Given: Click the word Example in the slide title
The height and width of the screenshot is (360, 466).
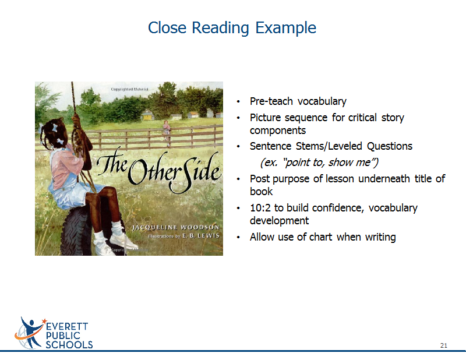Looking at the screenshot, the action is tap(285, 29).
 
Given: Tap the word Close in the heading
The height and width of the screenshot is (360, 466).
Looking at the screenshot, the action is tap(167, 27).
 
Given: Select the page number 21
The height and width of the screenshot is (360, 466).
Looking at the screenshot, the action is tap(444, 345).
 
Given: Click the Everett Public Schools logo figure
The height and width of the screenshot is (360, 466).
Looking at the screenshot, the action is tap(30, 333).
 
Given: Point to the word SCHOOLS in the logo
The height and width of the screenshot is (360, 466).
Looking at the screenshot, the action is tap(69, 345).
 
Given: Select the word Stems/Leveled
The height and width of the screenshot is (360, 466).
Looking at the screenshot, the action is tap(329, 146).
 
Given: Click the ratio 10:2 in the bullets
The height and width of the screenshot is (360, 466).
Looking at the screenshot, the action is tap(260, 208).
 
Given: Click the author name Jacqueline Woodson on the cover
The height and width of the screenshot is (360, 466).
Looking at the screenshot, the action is tap(176, 227).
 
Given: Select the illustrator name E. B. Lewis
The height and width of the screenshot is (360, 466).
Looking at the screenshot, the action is tap(201, 236).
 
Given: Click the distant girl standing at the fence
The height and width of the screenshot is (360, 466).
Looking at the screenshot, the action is tap(167, 133).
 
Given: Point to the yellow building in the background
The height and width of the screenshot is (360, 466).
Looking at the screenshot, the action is tap(147, 116).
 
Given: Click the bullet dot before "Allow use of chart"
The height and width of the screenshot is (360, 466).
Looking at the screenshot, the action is tap(238, 237).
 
